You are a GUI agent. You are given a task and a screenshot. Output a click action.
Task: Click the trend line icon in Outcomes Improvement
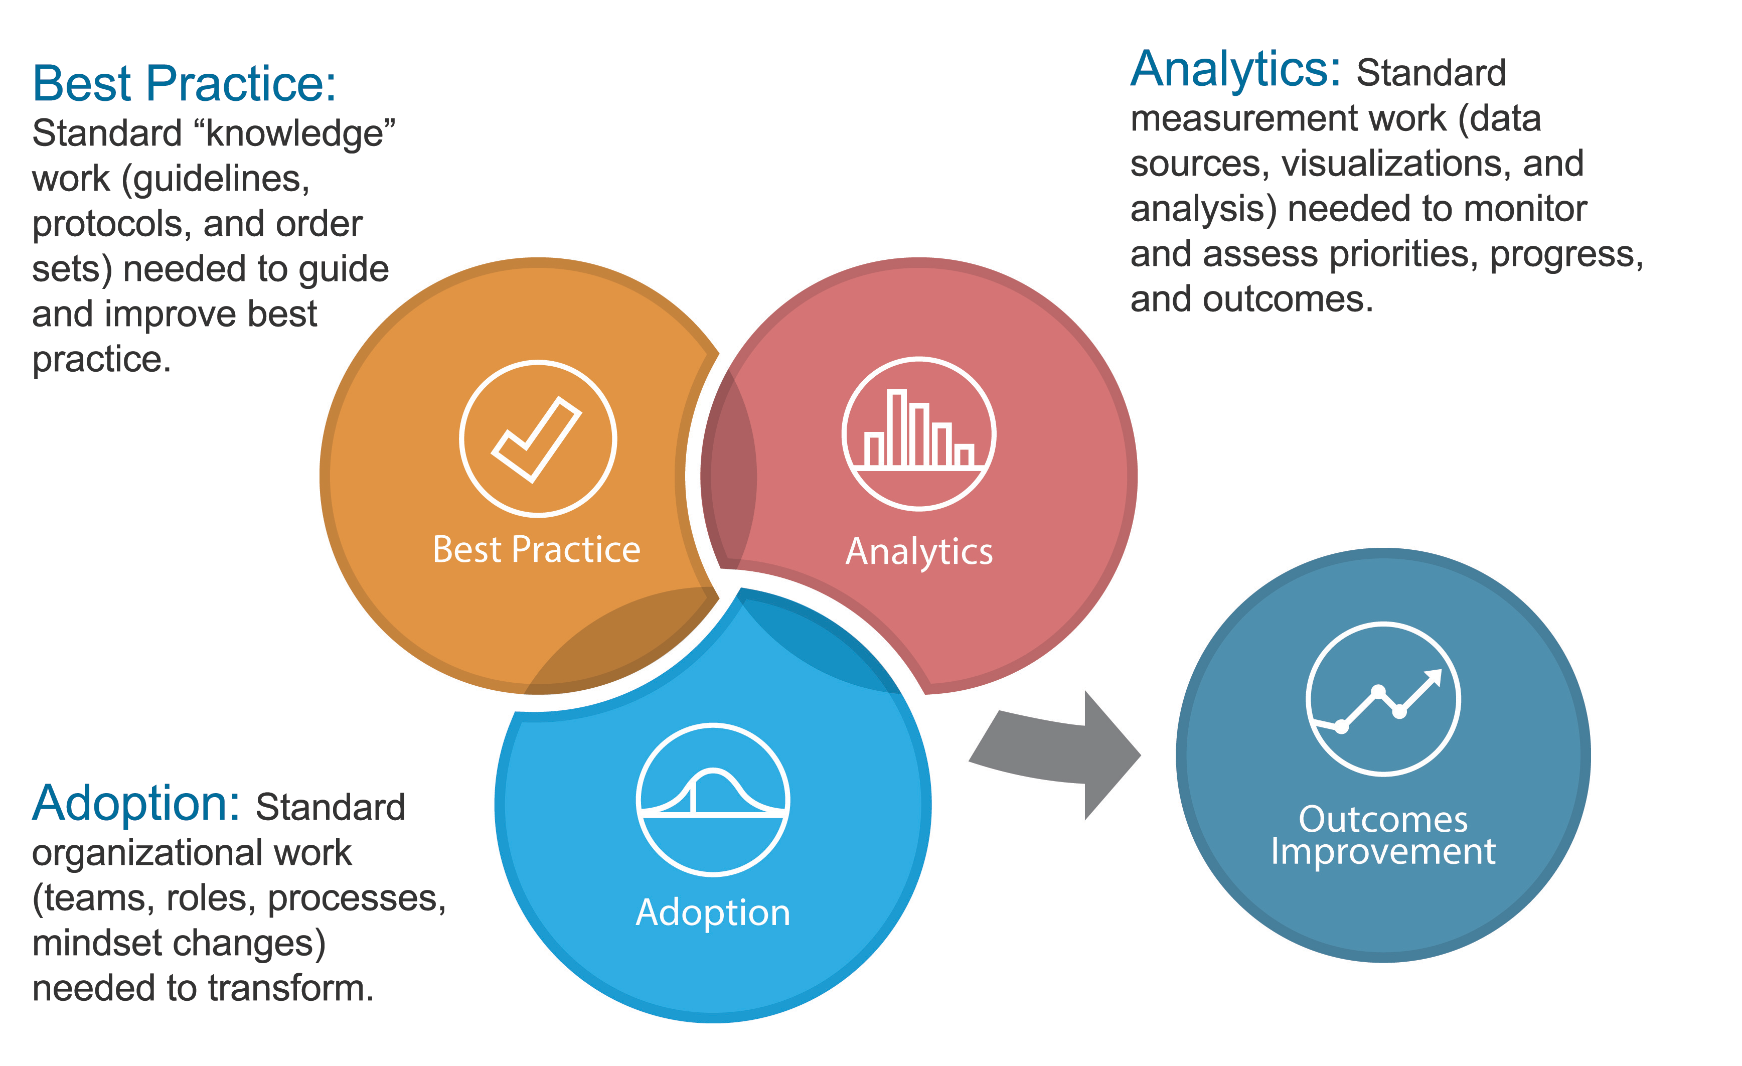point(1382,699)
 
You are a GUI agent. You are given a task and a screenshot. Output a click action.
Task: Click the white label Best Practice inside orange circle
point(536,549)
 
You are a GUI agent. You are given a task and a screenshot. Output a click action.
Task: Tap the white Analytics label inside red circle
point(918,551)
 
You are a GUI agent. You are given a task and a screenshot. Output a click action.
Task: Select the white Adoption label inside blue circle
point(713,912)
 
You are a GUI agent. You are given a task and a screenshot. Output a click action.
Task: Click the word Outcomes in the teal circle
point(1382,819)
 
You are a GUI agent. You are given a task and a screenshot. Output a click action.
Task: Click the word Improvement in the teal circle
point(1382,851)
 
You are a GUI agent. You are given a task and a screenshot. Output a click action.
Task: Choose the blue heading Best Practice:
point(184,83)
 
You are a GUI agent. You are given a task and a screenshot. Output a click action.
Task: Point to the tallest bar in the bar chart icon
point(896,428)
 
